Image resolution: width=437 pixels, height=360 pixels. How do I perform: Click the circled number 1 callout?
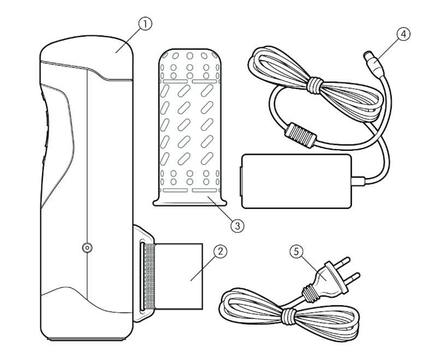tap(145, 24)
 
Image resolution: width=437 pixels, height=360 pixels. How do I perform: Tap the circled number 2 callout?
tap(221, 251)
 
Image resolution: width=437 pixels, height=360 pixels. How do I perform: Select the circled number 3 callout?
tap(238, 226)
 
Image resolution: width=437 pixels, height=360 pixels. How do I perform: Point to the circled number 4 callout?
tap(404, 34)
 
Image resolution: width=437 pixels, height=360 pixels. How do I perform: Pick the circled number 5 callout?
tap(296, 251)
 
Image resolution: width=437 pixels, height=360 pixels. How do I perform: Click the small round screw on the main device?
tap(87, 247)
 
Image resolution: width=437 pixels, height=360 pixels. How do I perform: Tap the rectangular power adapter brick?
tap(296, 181)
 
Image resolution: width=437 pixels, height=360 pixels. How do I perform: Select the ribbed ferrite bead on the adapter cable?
tap(301, 135)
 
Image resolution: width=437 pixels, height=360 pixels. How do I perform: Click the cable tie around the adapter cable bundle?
tap(315, 85)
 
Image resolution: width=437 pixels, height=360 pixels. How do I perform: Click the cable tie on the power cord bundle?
tap(288, 316)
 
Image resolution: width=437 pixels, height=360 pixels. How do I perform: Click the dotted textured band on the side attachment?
tap(149, 276)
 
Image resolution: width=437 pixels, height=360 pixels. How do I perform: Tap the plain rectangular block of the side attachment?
tap(179, 276)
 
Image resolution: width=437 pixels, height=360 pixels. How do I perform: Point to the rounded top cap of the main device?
tap(86, 57)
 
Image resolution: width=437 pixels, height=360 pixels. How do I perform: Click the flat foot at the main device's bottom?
tap(86, 339)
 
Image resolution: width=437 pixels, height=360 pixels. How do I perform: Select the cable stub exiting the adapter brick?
tap(358, 181)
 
